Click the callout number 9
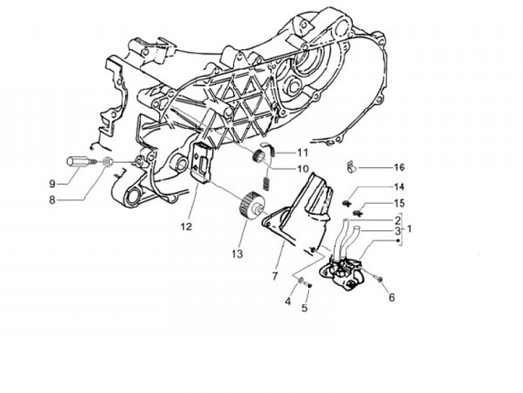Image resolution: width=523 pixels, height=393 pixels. pos(53,182)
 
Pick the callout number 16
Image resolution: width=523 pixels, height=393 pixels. pos(399,167)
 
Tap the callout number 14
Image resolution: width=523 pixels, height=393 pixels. pos(399,187)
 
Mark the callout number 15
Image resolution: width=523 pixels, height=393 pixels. pos(399,203)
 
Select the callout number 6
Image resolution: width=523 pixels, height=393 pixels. pos(392,297)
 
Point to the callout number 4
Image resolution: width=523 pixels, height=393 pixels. pos(288,301)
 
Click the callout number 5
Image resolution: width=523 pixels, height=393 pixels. pos(305,308)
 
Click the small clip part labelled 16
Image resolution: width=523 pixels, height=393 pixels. pos(350,167)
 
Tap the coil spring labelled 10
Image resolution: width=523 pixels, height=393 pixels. pos(267,177)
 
